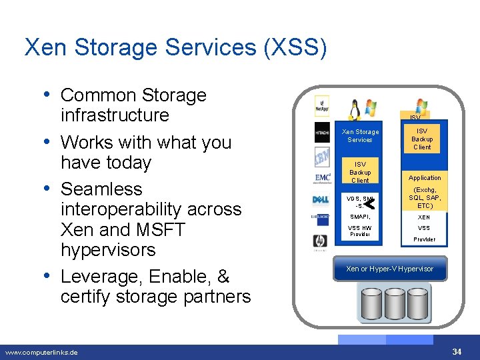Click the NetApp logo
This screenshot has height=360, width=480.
tap(323, 105)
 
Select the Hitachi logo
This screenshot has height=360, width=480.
tap(323, 132)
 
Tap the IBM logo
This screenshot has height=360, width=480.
tap(323, 157)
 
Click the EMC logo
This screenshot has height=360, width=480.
tap(323, 178)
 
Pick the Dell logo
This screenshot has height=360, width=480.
tap(321, 200)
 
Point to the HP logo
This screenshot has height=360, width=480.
tap(321, 241)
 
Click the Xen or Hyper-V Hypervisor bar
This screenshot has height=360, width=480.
tap(389, 269)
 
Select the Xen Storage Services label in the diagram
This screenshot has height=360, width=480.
tap(360, 135)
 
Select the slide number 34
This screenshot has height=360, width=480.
tap(457, 351)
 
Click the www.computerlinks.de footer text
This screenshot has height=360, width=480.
tap(41, 352)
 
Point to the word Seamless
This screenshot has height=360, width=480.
tap(101, 189)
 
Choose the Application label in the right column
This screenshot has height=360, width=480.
tap(425, 178)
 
